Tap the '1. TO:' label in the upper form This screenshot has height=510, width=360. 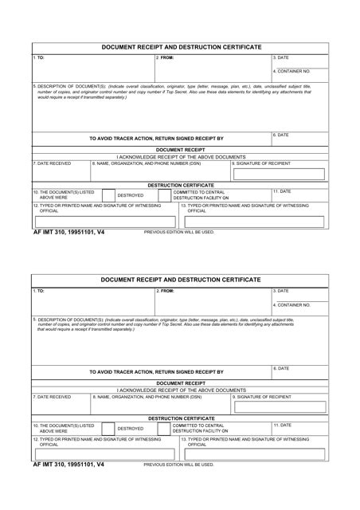39,58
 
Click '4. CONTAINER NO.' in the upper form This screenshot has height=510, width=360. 292,72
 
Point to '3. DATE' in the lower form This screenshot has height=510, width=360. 281,291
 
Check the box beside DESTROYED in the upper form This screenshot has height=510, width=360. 108,194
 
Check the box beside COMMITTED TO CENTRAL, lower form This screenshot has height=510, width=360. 165,427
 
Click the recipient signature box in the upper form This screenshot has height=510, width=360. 278,174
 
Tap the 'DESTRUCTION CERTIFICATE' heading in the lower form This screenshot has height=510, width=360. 181,418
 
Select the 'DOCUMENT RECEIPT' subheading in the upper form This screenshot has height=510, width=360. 180,150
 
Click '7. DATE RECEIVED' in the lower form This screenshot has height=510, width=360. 53,397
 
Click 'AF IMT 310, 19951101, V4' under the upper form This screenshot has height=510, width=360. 69,232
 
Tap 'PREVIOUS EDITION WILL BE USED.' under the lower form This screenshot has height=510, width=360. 179,465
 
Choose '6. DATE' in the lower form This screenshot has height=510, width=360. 281,369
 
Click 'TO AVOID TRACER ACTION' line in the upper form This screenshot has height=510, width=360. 156,139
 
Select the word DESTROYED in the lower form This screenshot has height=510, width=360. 131,428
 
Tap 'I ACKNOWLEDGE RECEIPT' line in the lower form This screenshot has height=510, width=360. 181,390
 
